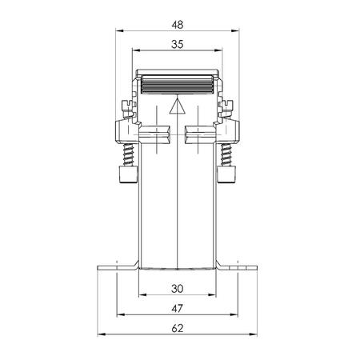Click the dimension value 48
pos(178,25)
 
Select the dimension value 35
pos(178,44)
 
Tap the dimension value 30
pos(178,289)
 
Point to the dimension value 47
pos(177,309)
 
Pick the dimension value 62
pos(178,329)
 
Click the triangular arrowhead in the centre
pos(178,106)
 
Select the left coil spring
pos(130,154)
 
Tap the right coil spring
pos(226,154)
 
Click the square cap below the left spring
pos(128,174)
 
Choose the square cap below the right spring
pos(226,174)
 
